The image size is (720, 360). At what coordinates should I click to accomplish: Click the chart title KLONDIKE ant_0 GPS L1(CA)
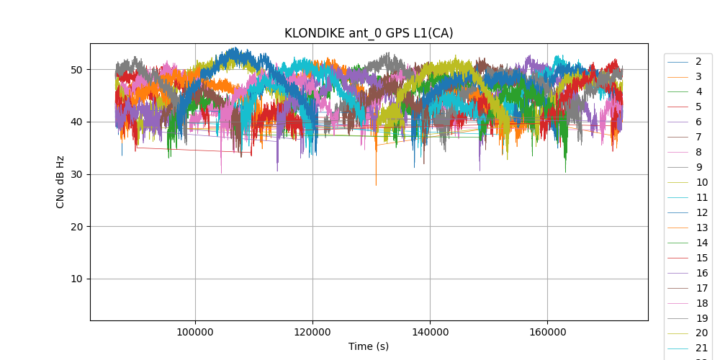pyautogui.click(x=369, y=33)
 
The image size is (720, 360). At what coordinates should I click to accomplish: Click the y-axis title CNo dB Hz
pyautogui.click(x=60, y=181)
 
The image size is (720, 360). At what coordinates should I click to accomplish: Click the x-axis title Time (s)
pyautogui.click(x=369, y=346)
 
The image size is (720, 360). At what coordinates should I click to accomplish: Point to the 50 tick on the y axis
pyautogui.click(x=76, y=70)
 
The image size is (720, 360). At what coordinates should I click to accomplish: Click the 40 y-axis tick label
pyautogui.click(x=76, y=122)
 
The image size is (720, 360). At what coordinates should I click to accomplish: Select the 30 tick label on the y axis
pyautogui.click(x=76, y=174)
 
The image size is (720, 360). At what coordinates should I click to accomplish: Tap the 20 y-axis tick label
pyautogui.click(x=76, y=227)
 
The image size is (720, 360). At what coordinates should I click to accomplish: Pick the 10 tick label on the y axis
pyautogui.click(x=76, y=279)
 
